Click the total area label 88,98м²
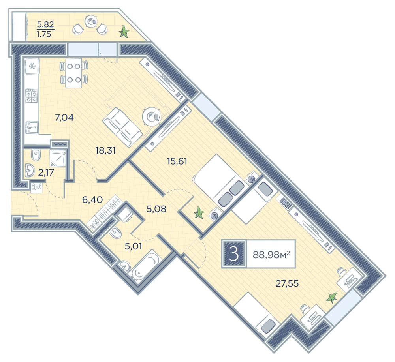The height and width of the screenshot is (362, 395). (271, 255)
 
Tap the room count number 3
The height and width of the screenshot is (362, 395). (234, 254)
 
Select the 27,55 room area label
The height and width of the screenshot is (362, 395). (287, 283)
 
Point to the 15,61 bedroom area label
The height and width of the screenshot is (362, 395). (177, 161)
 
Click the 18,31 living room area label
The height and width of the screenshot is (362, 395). (105, 150)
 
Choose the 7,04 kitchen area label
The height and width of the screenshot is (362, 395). (64, 117)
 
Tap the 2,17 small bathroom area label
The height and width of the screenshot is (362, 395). (46, 173)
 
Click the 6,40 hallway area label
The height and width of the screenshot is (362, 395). (92, 200)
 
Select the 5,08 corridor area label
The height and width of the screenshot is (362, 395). (156, 209)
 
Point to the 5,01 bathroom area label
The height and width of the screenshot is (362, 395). (133, 246)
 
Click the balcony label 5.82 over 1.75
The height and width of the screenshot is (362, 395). (45, 29)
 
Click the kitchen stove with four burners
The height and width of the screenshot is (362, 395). (32, 96)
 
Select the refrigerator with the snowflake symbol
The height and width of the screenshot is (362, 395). (32, 66)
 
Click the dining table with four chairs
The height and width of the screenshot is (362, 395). (74, 73)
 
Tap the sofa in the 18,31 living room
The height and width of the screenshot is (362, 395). (122, 127)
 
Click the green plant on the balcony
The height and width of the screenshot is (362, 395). (124, 32)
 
